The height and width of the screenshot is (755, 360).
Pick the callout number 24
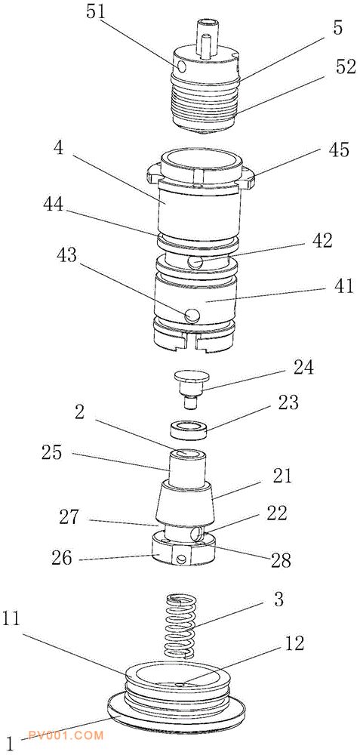pyautogui.click(x=303, y=368)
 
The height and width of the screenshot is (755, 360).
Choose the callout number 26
pyautogui.click(x=62, y=559)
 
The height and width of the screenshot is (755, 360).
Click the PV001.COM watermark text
pyautogui.click(x=66, y=735)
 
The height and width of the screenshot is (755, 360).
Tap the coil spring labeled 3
pyautogui.click(x=180, y=626)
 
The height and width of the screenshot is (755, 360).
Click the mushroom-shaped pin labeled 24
pyautogui.click(x=189, y=390)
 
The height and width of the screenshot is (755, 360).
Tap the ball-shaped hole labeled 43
pyautogui.click(x=192, y=315)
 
